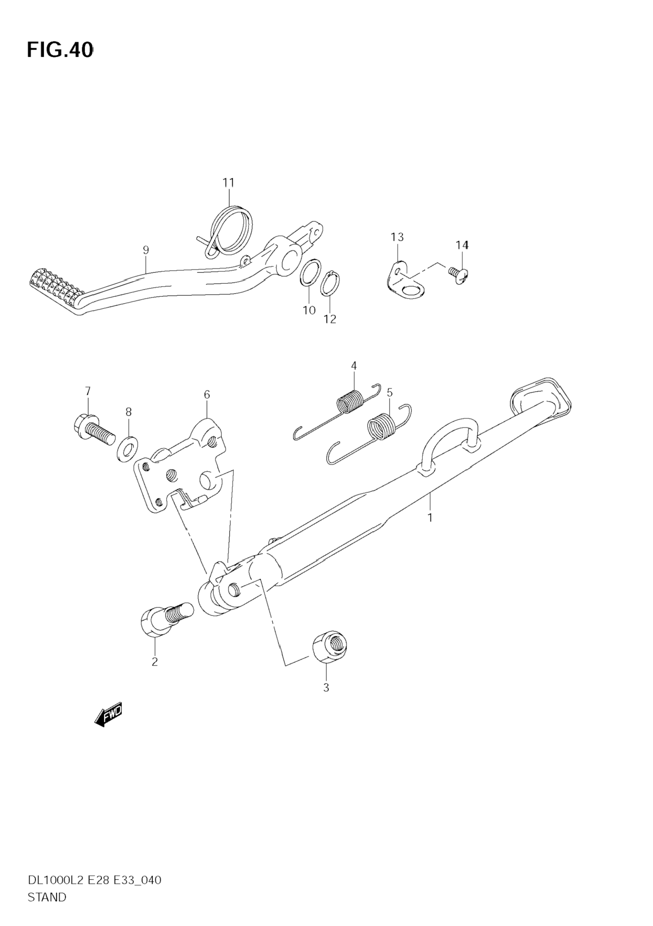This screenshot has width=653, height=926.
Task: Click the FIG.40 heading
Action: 60,50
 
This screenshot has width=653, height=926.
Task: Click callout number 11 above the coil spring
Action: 228,183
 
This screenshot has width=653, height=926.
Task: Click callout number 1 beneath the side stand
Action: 430,517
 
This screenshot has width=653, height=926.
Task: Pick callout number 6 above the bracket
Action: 207,394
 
